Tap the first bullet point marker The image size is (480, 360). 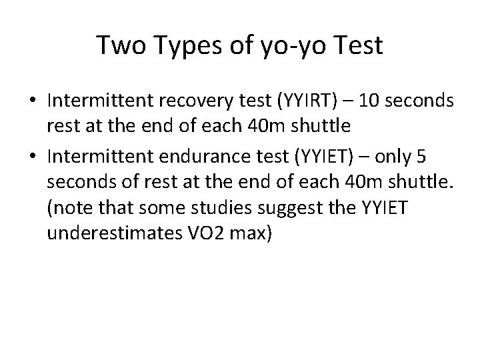pyautogui.click(x=32, y=101)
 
